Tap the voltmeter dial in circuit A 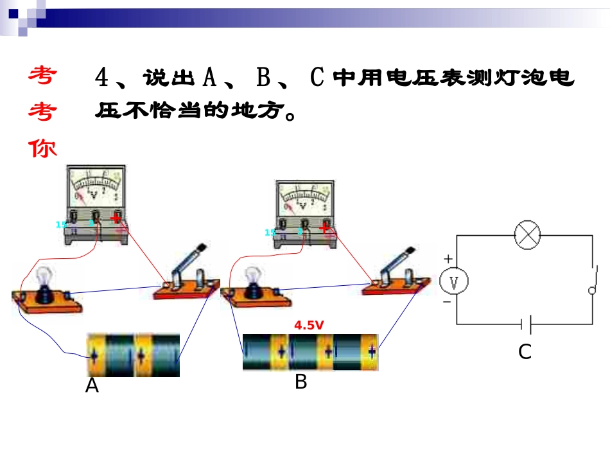[94, 186]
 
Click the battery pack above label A [134, 355]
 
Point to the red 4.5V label [309, 326]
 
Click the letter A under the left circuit [92, 386]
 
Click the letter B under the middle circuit [301, 383]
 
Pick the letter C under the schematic [525, 352]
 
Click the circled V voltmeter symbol [455, 280]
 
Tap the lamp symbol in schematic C [528, 236]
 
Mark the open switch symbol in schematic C [592, 279]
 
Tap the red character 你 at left [43, 148]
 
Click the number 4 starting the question [102, 78]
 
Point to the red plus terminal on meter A [116, 218]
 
